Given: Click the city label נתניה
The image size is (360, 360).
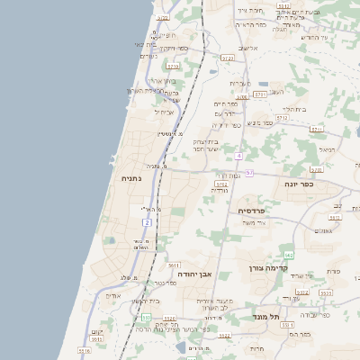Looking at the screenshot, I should pyautogui.click(x=130, y=179).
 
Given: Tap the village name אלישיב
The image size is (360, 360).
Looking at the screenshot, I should pyautogui.click(x=247, y=49).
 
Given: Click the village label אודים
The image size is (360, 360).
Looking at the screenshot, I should pyautogui.click(x=112, y=295).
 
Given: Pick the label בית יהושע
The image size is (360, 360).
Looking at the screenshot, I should pyautogui.click(x=146, y=301).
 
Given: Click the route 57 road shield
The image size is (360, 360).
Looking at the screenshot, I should pyautogui.click(x=248, y=172).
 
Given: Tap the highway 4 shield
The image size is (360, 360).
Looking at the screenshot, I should pyautogui.click(x=238, y=156).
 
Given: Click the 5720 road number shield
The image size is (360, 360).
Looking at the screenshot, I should pyautogui.click(x=227, y=58).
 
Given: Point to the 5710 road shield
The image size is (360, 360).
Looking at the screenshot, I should pyautogui.click(x=173, y=66).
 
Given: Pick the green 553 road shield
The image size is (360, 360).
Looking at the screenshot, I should pyautogui.click(x=146, y=318).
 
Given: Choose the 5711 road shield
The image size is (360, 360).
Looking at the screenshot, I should pyautogui.click(x=317, y=129).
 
